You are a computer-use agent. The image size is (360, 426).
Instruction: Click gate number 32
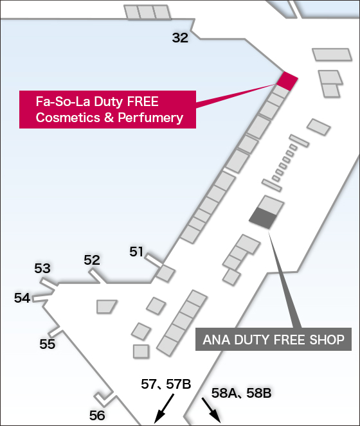coord(180,38)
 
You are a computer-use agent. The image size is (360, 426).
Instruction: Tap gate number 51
coord(136,252)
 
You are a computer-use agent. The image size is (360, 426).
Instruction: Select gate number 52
coord(92,260)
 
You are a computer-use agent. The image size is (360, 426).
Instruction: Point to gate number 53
coord(42,269)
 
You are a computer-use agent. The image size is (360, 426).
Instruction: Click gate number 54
coord(22,298)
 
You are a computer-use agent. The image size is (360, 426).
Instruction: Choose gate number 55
coord(48,344)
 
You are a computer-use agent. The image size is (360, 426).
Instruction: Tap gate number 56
coord(97,416)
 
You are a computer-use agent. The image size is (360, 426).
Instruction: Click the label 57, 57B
coord(166,384)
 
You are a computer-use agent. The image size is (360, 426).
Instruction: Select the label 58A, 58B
coord(241,393)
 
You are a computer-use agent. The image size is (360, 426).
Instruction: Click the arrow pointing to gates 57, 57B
coord(164,409)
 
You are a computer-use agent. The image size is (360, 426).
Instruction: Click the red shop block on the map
coord(287,81)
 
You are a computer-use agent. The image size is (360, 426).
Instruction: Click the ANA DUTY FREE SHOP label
coord(273,339)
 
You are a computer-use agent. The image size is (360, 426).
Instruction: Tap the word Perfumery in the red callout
coord(150,118)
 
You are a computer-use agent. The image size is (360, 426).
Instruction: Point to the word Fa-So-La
coord(63,102)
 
